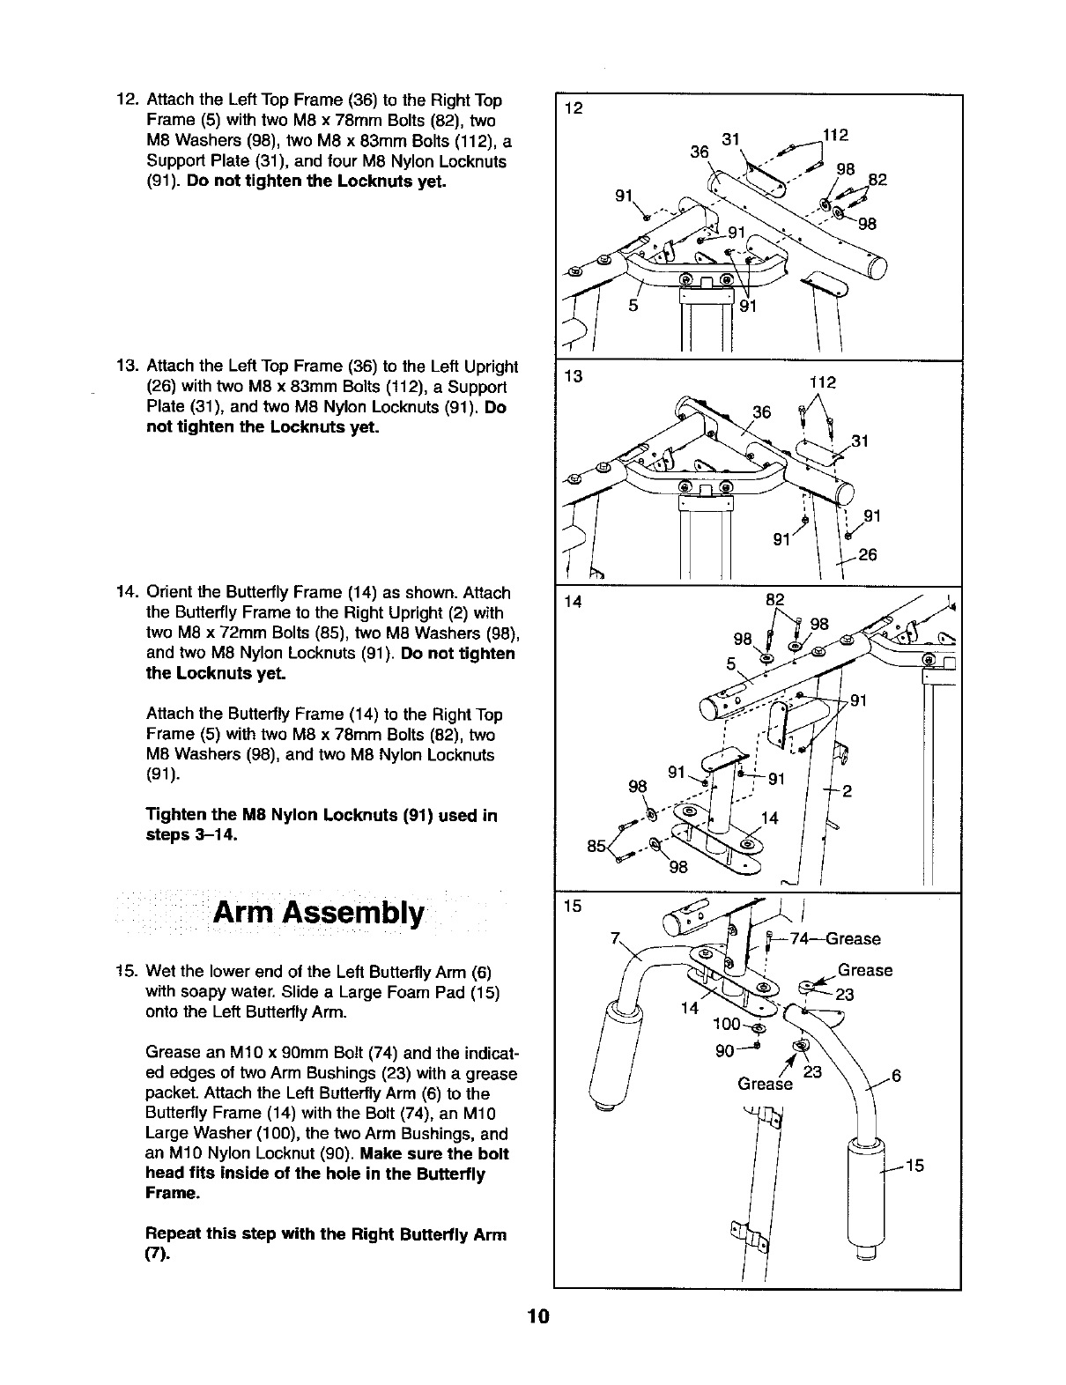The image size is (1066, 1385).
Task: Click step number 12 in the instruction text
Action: [x=128, y=100]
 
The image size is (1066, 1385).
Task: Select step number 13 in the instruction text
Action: [x=128, y=366]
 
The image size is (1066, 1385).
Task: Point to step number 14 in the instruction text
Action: [x=128, y=592]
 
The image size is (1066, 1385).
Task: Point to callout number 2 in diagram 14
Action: [x=846, y=790]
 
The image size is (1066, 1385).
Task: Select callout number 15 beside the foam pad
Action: [x=914, y=1167]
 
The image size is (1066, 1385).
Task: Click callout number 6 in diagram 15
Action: [x=897, y=1075]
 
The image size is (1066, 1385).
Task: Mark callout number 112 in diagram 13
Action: [x=822, y=383]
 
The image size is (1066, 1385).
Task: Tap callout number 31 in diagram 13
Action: [x=862, y=441]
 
